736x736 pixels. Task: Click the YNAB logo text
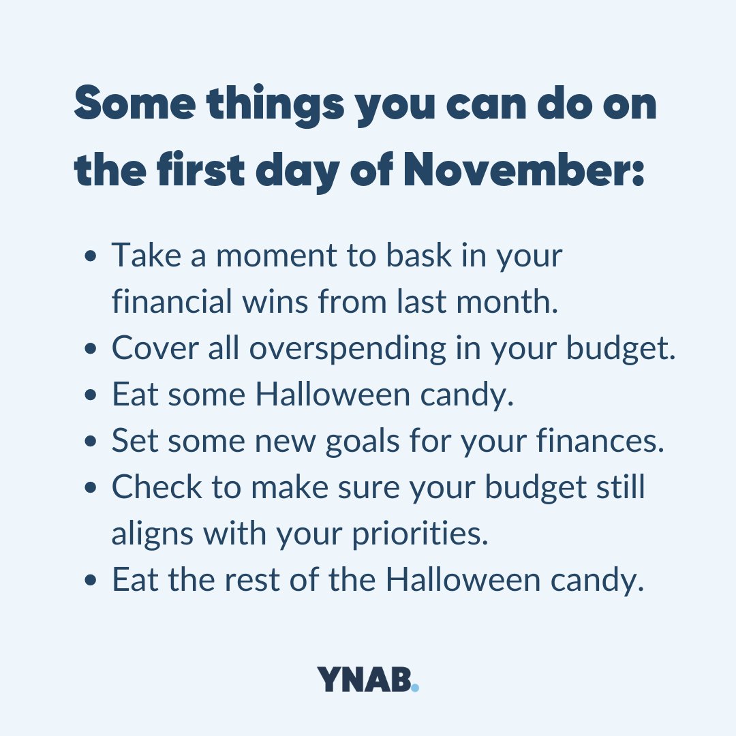(x=364, y=679)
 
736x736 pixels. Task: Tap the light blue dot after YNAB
(x=415, y=688)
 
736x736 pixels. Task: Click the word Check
(x=157, y=488)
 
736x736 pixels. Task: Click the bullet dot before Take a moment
(x=91, y=258)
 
